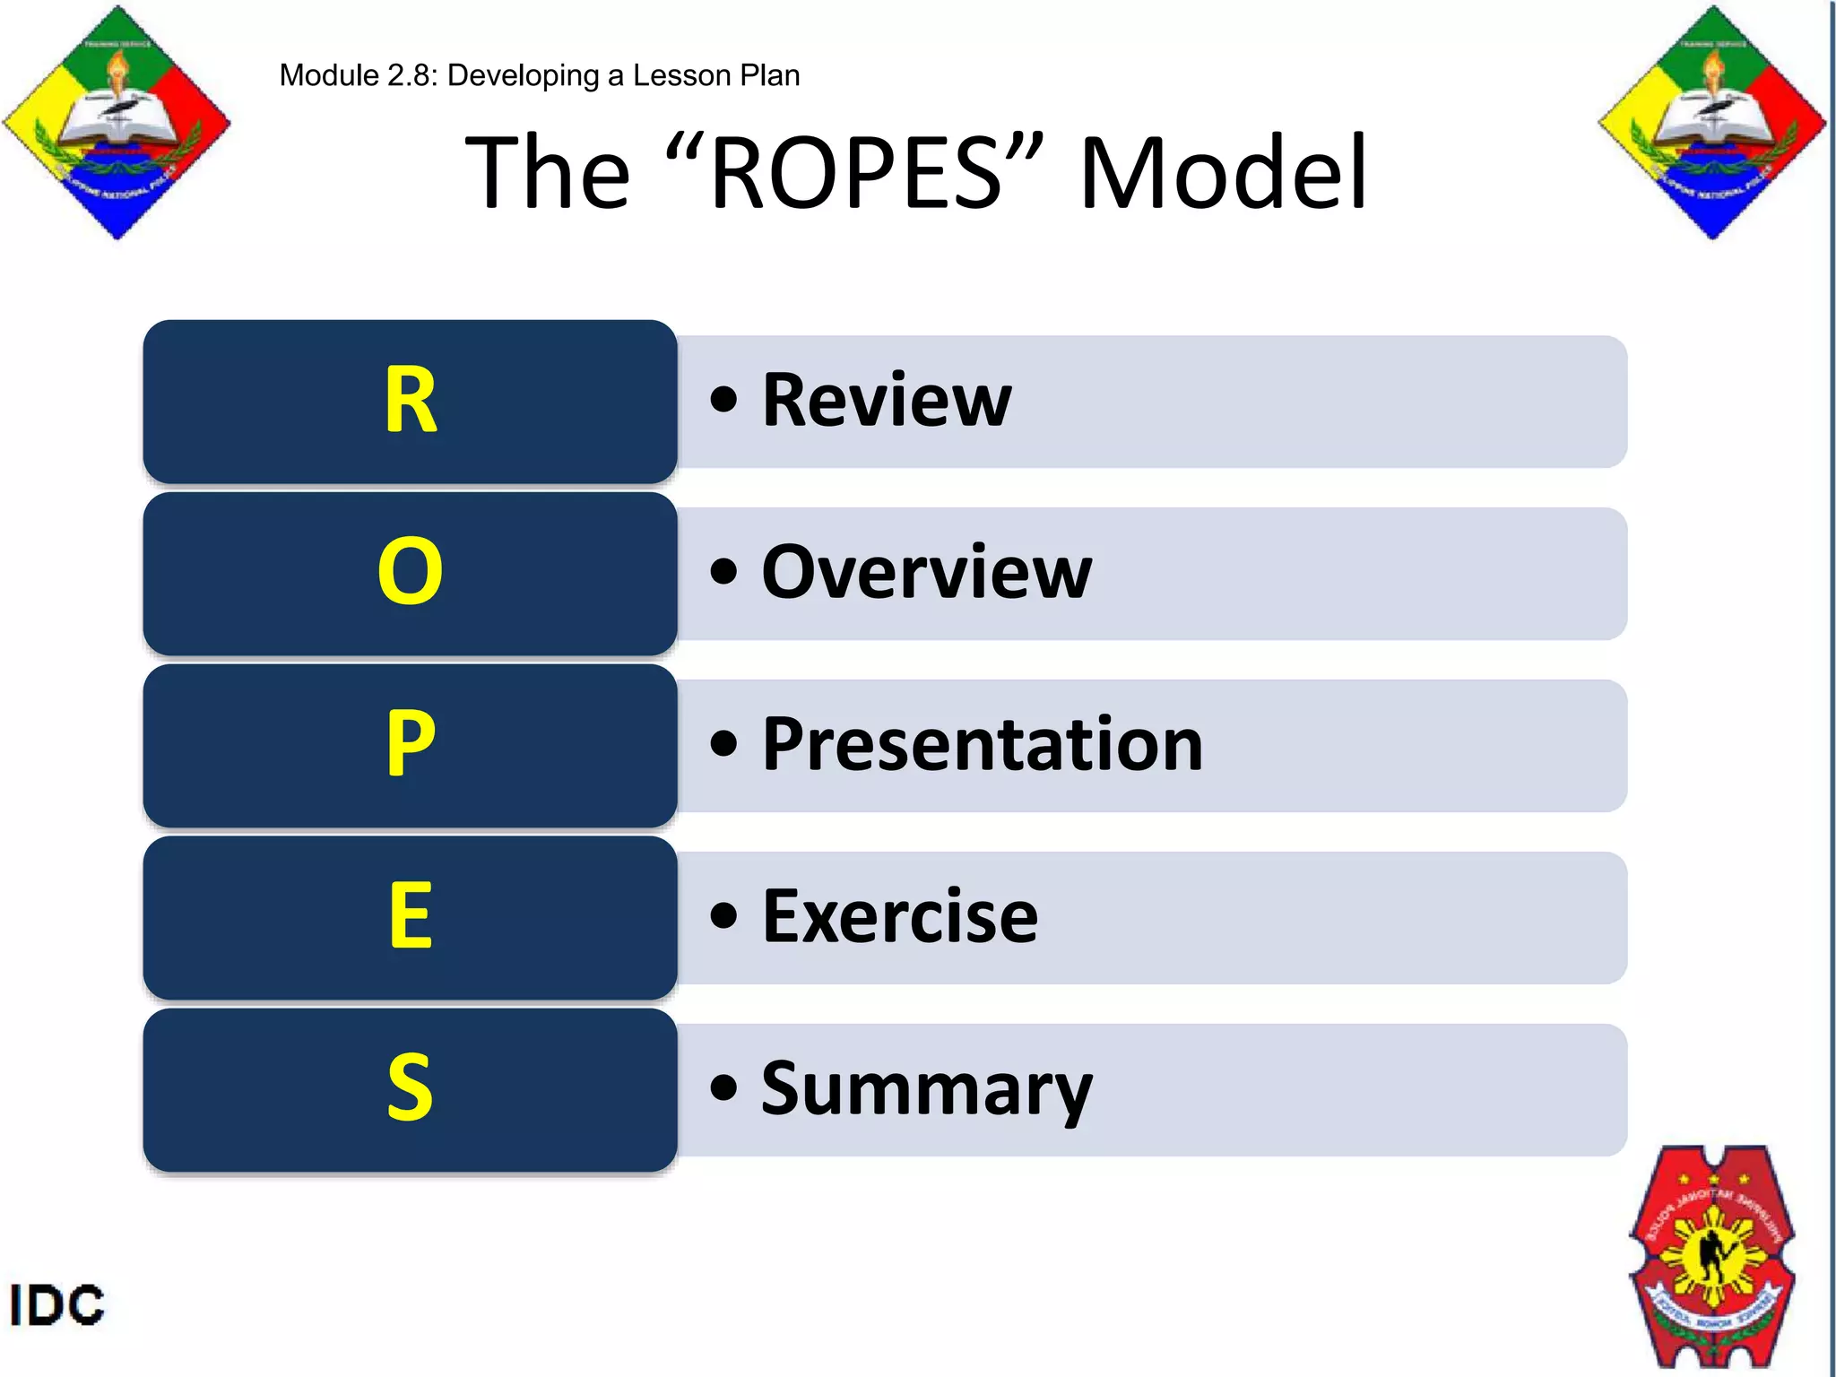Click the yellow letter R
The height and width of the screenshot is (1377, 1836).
411,400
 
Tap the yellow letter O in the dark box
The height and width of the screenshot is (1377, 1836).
411,571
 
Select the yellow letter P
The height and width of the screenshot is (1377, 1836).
411,743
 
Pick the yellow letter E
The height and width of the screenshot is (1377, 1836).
411,915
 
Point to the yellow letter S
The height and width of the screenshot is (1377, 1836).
411,1087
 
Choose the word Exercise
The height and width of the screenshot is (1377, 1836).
900,916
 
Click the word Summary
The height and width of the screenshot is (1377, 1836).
926,1089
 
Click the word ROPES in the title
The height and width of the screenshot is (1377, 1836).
856,171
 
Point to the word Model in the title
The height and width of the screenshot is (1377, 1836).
1224,171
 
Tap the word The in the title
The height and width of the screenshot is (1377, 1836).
548,171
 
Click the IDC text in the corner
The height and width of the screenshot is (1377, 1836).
56,1304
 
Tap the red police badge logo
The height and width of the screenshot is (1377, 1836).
1712,1255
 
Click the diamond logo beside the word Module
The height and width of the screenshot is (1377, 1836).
117,122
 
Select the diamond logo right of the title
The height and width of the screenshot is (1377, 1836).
1712,122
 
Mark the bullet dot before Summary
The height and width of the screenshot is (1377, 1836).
723,1088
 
